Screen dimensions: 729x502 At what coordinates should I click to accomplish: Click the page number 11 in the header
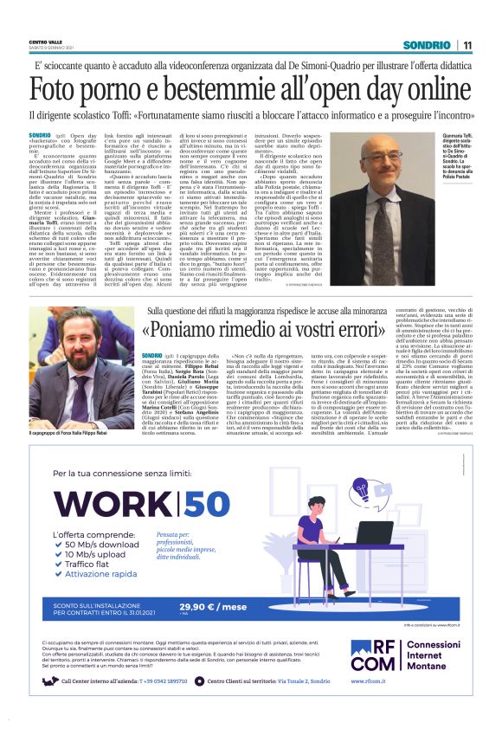pos(467,45)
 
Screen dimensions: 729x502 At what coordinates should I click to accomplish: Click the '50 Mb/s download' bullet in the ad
pos(102,545)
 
